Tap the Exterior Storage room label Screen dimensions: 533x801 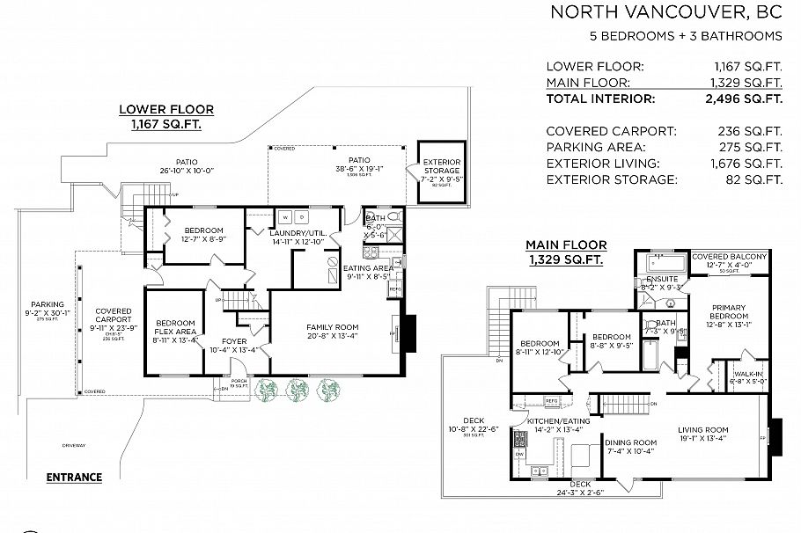point(441,166)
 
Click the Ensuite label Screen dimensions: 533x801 point(662,279)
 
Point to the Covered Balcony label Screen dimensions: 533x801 point(729,257)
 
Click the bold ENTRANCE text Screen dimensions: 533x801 point(74,478)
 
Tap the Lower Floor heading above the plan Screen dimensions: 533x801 point(166,110)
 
